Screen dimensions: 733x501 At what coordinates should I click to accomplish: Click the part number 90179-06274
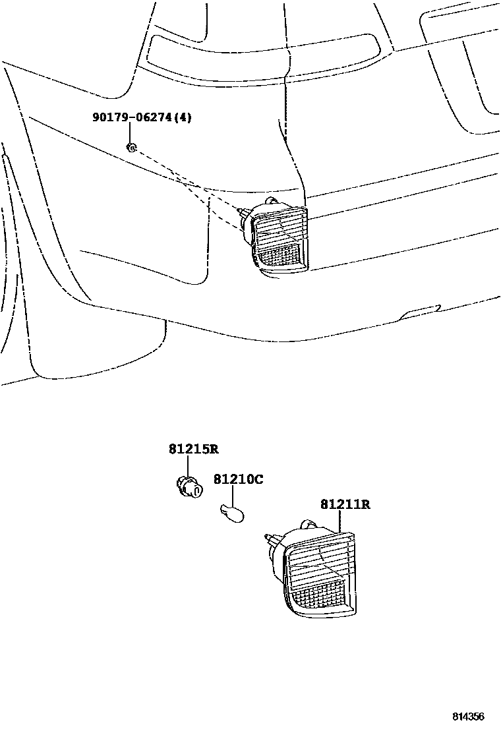point(134,118)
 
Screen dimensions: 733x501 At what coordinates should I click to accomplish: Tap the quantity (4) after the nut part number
point(185,118)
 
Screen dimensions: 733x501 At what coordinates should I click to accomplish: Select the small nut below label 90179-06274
point(131,146)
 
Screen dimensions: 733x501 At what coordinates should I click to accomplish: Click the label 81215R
point(193,450)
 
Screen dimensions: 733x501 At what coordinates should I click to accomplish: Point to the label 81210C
point(238,479)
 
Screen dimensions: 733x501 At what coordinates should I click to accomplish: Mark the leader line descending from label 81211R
point(339,522)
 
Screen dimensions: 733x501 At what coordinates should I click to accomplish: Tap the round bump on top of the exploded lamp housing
point(306,525)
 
